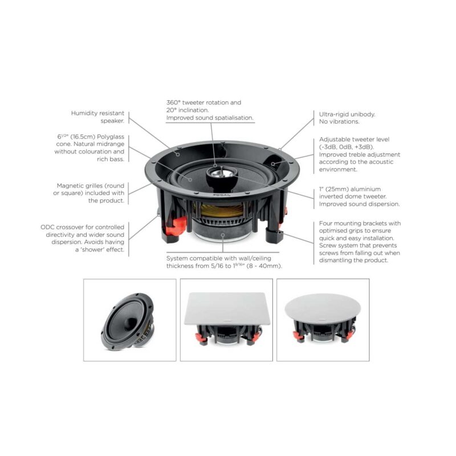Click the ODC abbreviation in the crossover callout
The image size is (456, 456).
[48, 226]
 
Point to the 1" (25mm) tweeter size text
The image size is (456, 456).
[337, 189]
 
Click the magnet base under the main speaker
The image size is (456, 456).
[218, 234]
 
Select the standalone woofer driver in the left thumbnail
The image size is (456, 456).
[129, 320]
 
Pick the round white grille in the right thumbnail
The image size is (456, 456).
[323, 308]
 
